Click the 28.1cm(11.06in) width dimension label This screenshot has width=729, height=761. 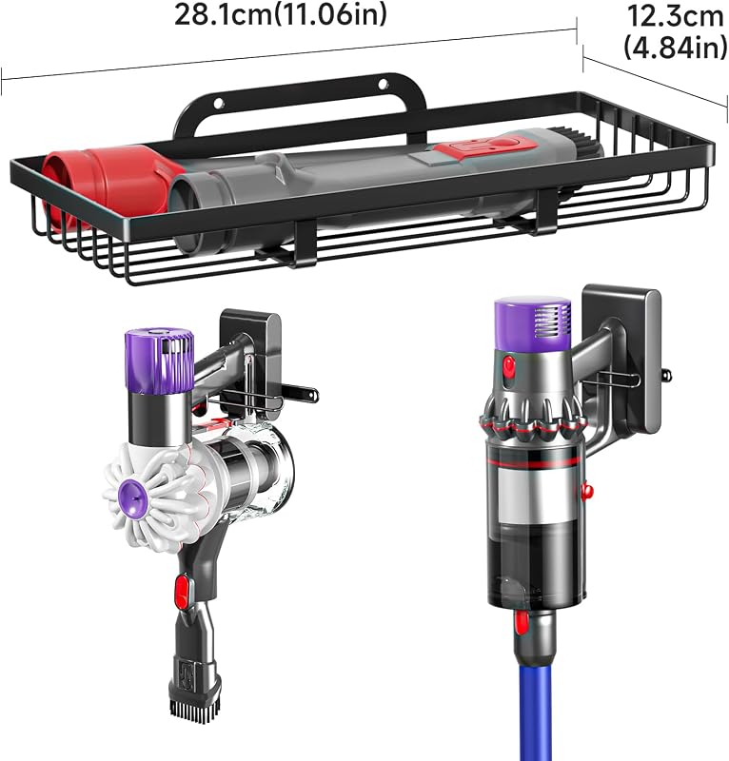click(x=281, y=14)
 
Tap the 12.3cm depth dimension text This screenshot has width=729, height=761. click(x=676, y=16)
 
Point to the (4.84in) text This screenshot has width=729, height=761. click(x=676, y=48)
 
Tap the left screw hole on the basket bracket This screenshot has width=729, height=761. click(x=219, y=103)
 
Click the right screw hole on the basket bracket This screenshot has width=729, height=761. click(x=384, y=84)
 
